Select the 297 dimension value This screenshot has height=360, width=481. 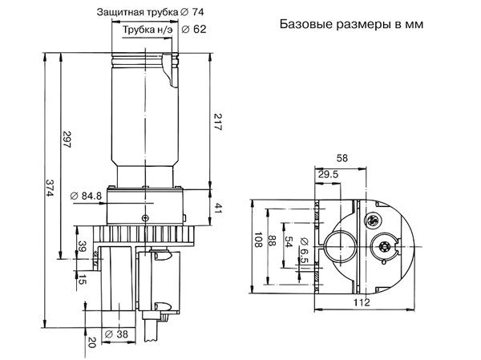pyautogui.click(x=66, y=140)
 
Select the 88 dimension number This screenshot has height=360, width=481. pyautogui.click(x=274, y=243)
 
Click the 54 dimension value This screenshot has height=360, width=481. pyautogui.click(x=289, y=243)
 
